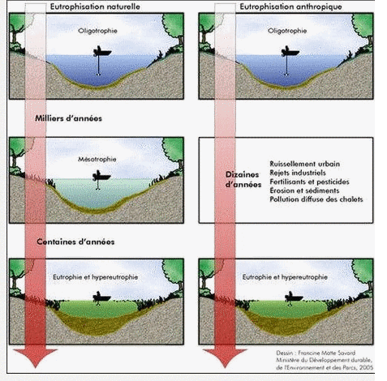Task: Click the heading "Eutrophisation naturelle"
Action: tap(95, 6)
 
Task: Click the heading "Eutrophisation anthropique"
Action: tap(290, 6)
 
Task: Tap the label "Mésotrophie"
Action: tap(97, 159)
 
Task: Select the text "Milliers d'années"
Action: tap(68, 118)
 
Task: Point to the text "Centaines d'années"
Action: tap(75, 242)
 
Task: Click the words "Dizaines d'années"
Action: tap(243, 179)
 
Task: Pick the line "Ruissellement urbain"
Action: tap(305, 164)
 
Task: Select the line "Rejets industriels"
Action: tap(298, 173)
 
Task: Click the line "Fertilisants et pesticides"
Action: tap(309, 182)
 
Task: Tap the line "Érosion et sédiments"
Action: tap(304, 190)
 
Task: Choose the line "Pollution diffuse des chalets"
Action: tap(316, 199)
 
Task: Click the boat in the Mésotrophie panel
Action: tap(101, 176)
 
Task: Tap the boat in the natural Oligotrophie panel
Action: tap(102, 52)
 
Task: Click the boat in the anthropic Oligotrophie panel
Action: tap(290, 52)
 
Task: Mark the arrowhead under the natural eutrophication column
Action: tap(36, 357)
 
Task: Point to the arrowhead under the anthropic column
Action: tap(225, 357)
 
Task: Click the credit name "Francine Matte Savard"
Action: tap(326, 353)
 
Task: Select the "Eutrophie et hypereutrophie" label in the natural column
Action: tap(95, 277)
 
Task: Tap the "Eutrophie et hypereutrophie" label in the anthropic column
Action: tap(285, 277)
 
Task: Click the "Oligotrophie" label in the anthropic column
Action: tap(287, 31)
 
